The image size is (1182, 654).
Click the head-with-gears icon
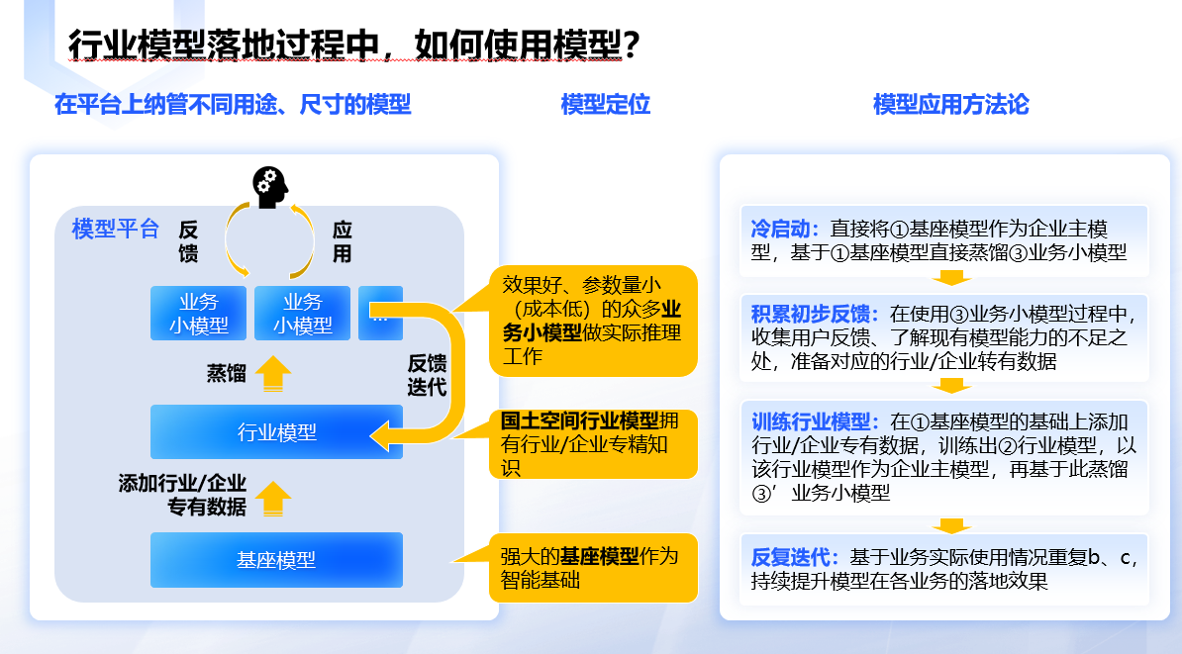269,186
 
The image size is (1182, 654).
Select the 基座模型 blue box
276,560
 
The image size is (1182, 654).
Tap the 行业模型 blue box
276,431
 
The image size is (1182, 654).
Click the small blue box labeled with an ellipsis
380,313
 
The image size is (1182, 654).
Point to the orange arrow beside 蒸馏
273,373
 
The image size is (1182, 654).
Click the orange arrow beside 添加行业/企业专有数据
273,498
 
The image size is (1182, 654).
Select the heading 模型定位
605,104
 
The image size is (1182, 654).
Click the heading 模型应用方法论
950,104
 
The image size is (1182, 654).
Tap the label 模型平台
116,230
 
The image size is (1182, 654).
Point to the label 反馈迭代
427,374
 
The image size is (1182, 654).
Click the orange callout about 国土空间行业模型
593,444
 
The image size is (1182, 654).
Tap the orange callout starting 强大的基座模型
593,567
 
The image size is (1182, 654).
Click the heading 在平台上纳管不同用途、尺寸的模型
233,104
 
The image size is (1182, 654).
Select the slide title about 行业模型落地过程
353,45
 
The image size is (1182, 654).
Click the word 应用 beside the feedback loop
343,241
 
